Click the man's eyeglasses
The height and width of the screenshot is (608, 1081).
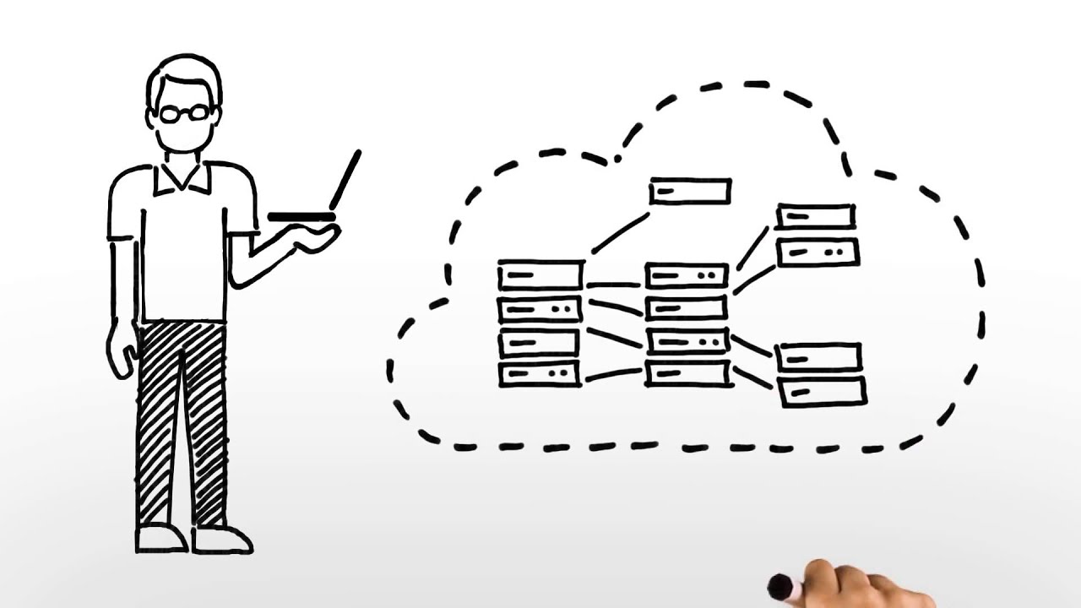[x=184, y=112]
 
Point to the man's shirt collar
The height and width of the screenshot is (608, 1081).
[x=182, y=176]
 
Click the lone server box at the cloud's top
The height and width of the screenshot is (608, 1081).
[x=689, y=191]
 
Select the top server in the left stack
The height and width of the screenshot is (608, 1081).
[x=540, y=275]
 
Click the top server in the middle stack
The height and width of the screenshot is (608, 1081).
[x=686, y=276]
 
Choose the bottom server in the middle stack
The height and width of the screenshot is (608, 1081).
[x=687, y=372]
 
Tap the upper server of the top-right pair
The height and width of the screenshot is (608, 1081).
[x=815, y=216]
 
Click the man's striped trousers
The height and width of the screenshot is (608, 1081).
[x=181, y=422]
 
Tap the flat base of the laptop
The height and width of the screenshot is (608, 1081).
[x=301, y=217]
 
